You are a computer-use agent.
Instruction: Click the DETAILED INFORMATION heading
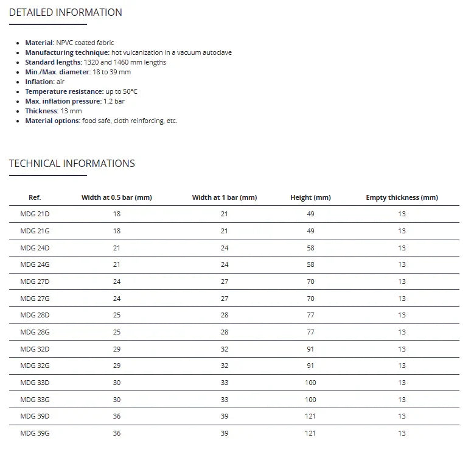(x=65, y=12)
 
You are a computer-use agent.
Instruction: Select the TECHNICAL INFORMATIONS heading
(x=72, y=163)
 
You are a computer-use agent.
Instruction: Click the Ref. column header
(x=35, y=197)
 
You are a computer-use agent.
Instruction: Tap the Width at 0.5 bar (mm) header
(x=116, y=197)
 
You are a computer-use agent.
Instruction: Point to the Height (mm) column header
(x=310, y=197)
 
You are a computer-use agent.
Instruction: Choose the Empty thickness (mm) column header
(x=402, y=197)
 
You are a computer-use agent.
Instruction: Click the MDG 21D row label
(x=35, y=214)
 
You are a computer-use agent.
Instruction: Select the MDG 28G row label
(x=35, y=332)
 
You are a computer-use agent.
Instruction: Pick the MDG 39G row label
(x=35, y=433)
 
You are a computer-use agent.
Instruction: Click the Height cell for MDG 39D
(x=310, y=416)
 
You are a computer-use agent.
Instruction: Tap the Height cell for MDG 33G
(x=310, y=400)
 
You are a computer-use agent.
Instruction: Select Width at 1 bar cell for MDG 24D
(x=225, y=248)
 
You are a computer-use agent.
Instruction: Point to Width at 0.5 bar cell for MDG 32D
(x=116, y=349)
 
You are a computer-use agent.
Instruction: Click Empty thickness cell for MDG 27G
(x=402, y=299)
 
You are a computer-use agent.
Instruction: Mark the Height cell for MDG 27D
(x=310, y=281)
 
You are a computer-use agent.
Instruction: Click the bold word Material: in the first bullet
(x=40, y=43)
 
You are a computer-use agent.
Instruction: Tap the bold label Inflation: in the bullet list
(x=40, y=82)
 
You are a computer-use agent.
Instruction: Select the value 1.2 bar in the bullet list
(x=114, y=101)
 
